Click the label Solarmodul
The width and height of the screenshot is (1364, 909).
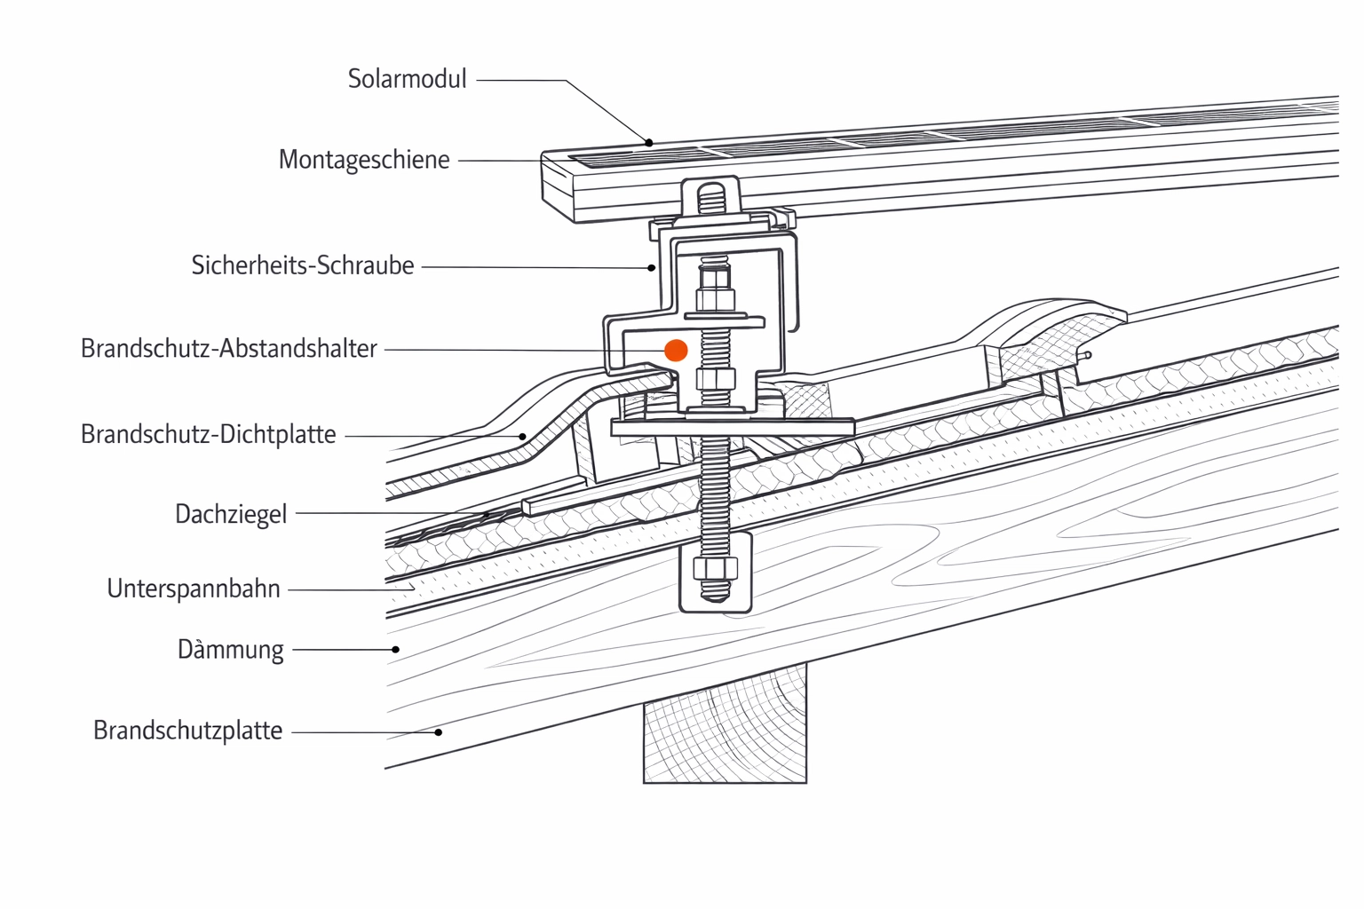[x=407, y=79]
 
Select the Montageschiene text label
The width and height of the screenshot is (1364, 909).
[x=364, y=160]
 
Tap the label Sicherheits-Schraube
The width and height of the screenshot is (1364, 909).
[x=303, y=265]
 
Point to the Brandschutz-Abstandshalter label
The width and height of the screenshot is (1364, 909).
[x=229, y=349]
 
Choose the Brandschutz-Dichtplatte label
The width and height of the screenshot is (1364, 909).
[x=209, y=435]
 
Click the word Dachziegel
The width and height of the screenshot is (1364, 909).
[x=231, y=514]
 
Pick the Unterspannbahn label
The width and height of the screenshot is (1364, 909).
[x=194, y=589]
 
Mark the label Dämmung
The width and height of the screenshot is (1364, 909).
[x=231, y=650]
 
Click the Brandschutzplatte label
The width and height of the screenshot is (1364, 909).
[x=188, y=731]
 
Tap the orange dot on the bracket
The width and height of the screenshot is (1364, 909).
[x=676, y=351]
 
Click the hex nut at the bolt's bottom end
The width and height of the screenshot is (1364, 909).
[x=715, y=569]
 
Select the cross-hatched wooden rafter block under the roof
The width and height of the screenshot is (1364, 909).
[x=725, y=728]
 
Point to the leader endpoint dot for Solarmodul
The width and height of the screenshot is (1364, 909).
[x=649, y=142]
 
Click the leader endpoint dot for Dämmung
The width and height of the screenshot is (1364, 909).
[x=396, y=650]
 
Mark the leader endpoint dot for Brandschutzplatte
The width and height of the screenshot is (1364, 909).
[x=439, y=732]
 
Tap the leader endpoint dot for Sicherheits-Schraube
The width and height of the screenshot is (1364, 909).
[x=652, y=267]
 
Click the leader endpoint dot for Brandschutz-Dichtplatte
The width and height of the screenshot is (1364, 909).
[x=523, y=436]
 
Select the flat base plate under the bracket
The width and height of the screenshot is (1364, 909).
[x=733, y=428]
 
